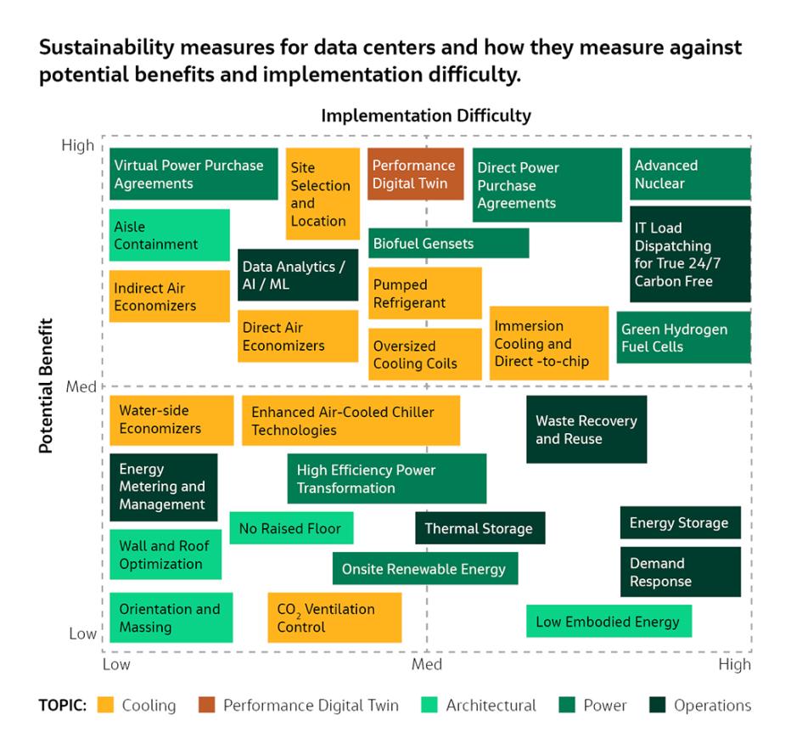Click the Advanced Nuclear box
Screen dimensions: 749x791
point(690,174)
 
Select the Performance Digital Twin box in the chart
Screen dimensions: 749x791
point(415,174)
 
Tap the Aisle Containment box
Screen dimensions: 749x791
point(169,235)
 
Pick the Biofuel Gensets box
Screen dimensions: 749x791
point(448,244)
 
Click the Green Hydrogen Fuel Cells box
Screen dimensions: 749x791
point(683,337)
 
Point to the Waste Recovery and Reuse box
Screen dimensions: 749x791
point(586,430)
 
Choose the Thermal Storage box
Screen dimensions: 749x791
point(480,528)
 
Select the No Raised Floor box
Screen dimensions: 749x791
point(291,528)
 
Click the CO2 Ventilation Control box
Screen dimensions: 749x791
point(334,617)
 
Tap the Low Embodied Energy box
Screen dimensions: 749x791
point(609,622)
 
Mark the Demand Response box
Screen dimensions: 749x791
point(680,572)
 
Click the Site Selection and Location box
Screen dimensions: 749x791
point(322,194)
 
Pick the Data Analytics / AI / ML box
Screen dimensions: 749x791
point(298,275)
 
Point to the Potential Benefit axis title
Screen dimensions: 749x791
point(46,386)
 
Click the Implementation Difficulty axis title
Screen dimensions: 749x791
point(426,115)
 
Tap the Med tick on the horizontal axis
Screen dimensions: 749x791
point(426,664)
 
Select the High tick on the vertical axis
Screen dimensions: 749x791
point(78,146)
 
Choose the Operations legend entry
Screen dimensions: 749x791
point(711,705)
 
